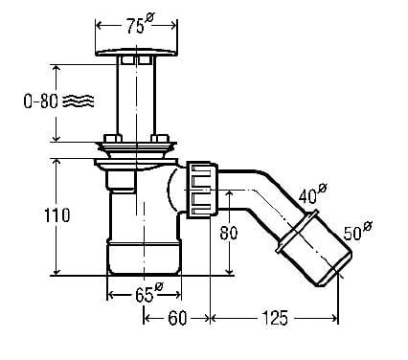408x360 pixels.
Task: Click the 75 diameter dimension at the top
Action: (x=140, y=25)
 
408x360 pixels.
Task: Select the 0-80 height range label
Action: (x=41, y=101)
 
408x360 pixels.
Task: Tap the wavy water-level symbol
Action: (x=79, y=101)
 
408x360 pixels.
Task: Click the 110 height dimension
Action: (x=57, y=215)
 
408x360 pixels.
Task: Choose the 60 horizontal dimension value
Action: (x=177, y=318)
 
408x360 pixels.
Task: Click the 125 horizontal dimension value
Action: (x=275, y=318)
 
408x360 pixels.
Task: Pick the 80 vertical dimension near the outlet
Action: (x=229, y=233)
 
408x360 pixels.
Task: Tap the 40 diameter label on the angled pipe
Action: (x=312, y=193)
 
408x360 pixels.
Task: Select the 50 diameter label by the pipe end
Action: (x=357, y=231)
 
